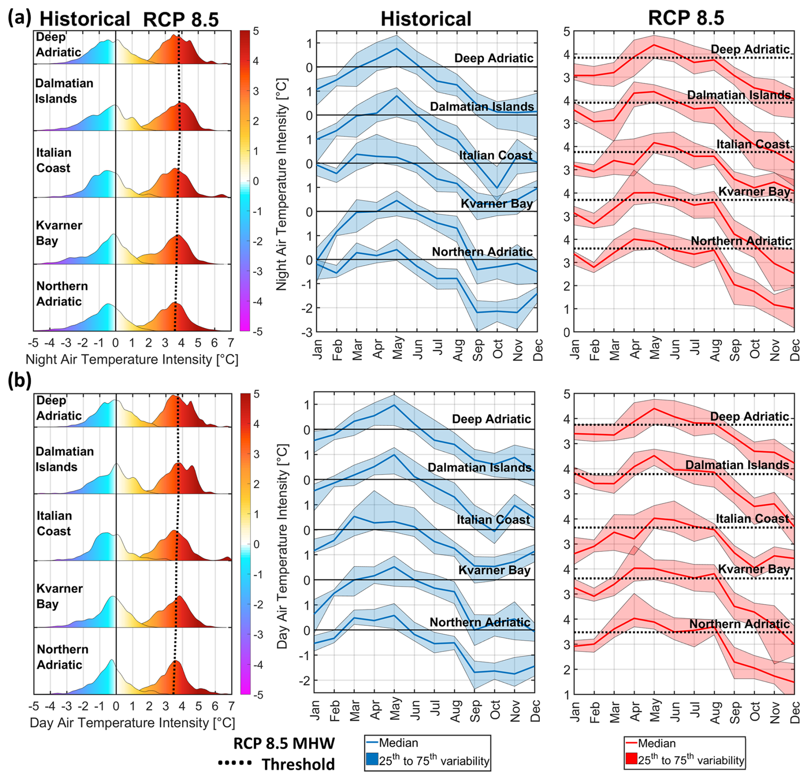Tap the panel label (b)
[19, 380]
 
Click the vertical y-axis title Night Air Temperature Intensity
[282, 184]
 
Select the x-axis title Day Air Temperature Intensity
[132, 723]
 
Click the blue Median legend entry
[393, 743]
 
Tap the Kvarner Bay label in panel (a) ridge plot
[59, 233]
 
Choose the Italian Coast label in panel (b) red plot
[752, 518]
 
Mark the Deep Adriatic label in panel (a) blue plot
[493, 58]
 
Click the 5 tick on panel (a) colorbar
[255, 31]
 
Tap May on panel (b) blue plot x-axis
[395, 709]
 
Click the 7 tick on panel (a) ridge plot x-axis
[231, 343]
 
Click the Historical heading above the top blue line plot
[426, 19]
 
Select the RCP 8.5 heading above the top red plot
[686, 18]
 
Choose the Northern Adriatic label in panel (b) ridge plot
[62, 657]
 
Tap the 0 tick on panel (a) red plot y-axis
[566, 332]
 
